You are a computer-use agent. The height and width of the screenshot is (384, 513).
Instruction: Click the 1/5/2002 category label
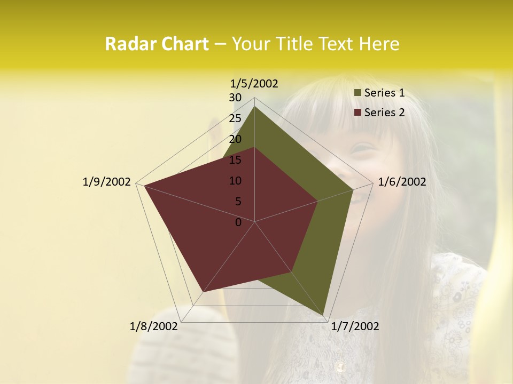254,84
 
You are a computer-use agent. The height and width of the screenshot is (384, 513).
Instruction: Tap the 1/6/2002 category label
402,182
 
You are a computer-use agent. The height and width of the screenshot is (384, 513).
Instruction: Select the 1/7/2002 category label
355,326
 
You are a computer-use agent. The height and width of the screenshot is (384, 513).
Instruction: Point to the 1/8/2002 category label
154,326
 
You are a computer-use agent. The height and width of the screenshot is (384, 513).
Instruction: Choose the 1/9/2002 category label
107,182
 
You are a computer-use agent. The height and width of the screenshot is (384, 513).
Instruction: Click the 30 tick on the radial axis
235,98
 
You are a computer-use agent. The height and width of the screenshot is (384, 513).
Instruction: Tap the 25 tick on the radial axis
235,118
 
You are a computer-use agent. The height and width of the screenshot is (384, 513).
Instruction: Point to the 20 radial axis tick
235,139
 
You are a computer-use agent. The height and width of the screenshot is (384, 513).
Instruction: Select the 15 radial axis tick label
235,160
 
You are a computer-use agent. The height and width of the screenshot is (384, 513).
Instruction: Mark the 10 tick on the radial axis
235,181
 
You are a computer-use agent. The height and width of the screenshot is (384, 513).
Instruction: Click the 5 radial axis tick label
238,202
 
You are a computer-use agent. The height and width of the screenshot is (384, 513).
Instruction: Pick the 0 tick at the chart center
238,222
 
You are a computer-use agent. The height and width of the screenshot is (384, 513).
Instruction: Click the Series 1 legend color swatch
358,93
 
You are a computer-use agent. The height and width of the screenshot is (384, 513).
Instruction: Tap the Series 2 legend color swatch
358,113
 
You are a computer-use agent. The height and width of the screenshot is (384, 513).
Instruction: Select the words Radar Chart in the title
157,44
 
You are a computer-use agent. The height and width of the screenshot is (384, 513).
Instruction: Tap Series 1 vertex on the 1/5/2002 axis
255,107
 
